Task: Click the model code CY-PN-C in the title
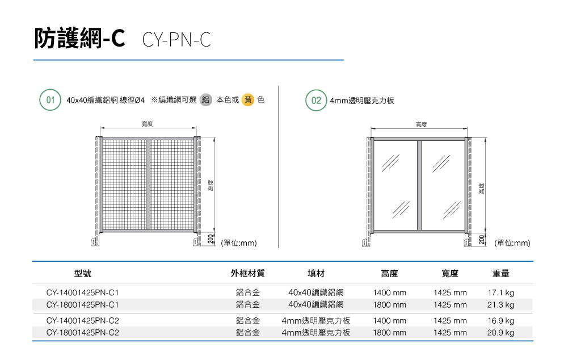pos(176,40)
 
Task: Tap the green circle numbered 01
pos(50,100)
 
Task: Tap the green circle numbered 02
pos(316,100)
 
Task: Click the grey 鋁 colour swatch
pos(206,100)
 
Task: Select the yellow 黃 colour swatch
pos(248,99)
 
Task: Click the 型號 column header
pos(83,273)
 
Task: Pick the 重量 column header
pos(500,273)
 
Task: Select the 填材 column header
pos(316,273)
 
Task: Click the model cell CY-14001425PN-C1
pos(83,292)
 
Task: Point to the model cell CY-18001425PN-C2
pos(83,332)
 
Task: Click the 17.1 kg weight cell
pos(500,292)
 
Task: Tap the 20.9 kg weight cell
pos(500,332)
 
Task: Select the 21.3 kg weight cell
pos(500,304)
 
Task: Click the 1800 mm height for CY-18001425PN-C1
pos(389,304)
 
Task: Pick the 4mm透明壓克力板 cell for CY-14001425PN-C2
pos(316,320)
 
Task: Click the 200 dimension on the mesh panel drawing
pos(211,238)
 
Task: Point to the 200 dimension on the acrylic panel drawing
pos(481,240)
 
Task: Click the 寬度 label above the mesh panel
pos(147,124)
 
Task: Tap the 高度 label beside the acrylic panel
pos(482,189)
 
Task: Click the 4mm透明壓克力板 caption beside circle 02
pos(362,101)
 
